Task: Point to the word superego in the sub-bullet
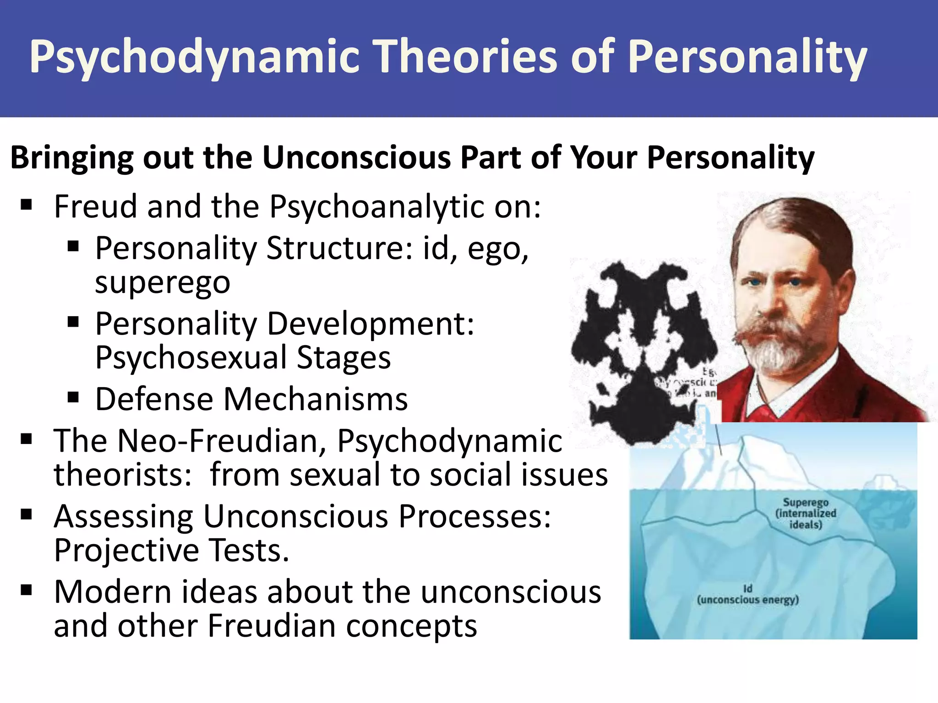pos(163,282)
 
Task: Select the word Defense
pos(153,399)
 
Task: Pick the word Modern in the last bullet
pos(112,592)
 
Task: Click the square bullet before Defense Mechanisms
pos(73,397)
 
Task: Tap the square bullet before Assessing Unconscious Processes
pos(27,514)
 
